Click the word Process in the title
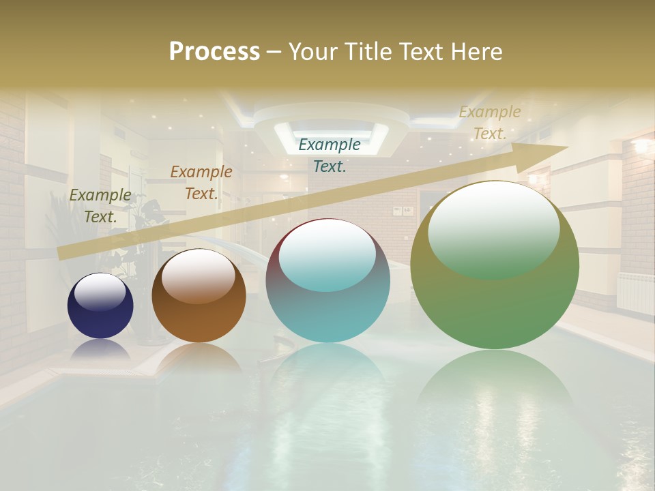click(214, 52)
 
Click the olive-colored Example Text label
click(100, 205)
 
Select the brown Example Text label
click(201, 182)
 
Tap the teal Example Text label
click(330, 155)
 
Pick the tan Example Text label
click(490, 123)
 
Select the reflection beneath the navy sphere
click(100, 350)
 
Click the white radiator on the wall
click(635, 293)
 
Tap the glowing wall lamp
click(641, 146)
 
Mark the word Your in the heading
click(313, 52)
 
